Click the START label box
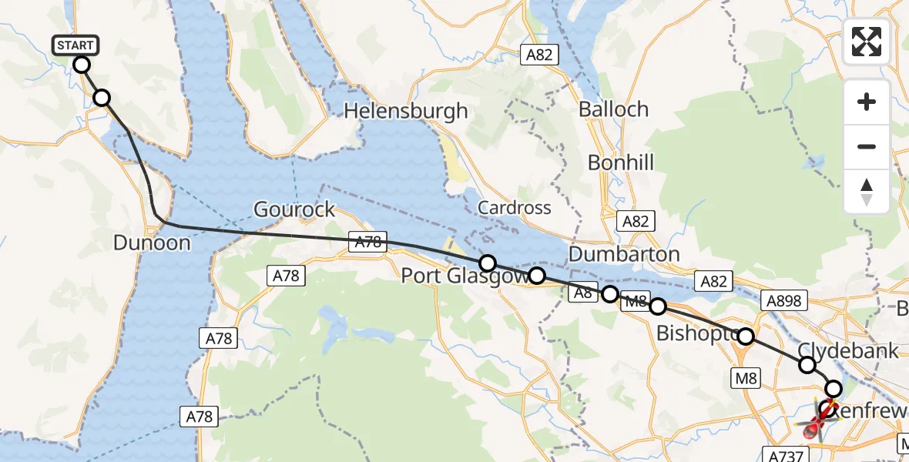(x=75, y=45)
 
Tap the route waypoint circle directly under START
(x=82, y=65)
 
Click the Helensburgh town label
(x=405, y=111)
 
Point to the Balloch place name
(x=613, y=109)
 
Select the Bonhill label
(x=620, y=162)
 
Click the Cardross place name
(x=514, y=208)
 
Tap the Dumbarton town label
(x=624, y=254)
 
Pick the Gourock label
(x=295, y=209)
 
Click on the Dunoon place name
(x=151, y=243)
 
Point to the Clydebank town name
(x=848, y=351)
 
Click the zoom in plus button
(x=867, y=102)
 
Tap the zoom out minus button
(x=867, y=146)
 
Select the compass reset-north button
(x=867, y=191)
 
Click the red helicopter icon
(x=818, y=422)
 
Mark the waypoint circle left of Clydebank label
(x=807, y=365)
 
